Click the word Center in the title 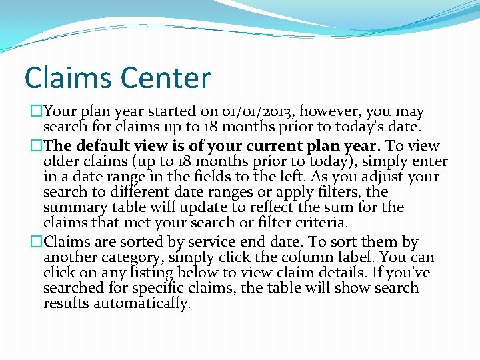pyautogui.click(x=167, y=78)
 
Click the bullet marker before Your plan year pyautogui.click(x=28, y=112)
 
